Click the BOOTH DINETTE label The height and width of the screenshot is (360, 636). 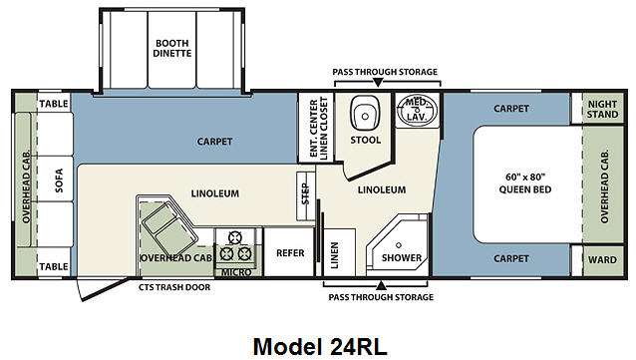(x=172, y=48)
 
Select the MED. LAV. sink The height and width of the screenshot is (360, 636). (x=418, y=109)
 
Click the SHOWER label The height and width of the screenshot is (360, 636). (x=401, y=258)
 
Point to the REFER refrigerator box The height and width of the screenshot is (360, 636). (x=289, y=252)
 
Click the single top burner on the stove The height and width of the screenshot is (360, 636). (x=234, y=237)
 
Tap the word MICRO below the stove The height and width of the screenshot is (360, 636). (x=236, y=272)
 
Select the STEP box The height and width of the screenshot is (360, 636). (x=306, y=196)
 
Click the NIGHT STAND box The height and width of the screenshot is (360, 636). (x=602, y=109)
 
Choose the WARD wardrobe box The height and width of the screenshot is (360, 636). (x=603, y=260)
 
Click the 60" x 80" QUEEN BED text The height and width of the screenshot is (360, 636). (x=525, y=183)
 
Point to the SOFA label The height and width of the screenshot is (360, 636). (x=59, y=180)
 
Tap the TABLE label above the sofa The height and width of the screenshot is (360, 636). (x=54, y=104)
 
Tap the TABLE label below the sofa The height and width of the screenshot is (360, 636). (x=54, y=266)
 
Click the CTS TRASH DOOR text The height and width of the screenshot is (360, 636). (x=174, y=287)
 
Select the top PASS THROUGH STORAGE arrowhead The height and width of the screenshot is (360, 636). (x=378, y=83)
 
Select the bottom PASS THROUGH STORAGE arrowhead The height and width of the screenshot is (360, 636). (x=381, y=285)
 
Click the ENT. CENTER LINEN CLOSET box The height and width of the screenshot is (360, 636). (x=316, y=128)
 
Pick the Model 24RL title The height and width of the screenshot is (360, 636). (x=320, y=347)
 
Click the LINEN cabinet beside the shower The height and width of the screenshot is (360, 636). (x=340, y=253)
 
